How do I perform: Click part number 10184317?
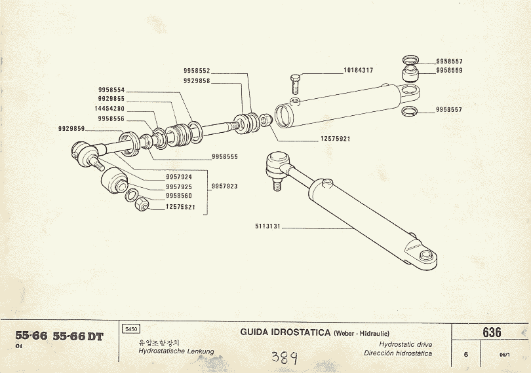tap(358, 70)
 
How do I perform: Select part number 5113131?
tap(269, 227)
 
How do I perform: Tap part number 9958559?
tap(449, 70)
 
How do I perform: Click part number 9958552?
tap(197, 71)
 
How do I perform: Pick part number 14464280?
tap(111, 109)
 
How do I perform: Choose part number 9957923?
tap(224, 186)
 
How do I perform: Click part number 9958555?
tap(225, 157)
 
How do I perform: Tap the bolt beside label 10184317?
tap(294, 83)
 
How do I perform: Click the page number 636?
tap(492, 332)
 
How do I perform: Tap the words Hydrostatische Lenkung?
tap(176, 352)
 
